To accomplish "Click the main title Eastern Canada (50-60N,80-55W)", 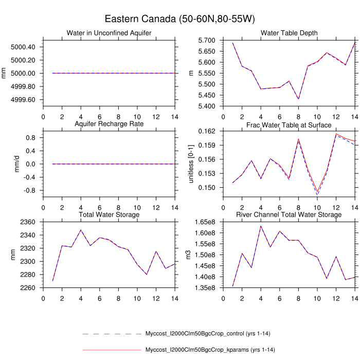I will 180,19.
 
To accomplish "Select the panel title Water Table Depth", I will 289,33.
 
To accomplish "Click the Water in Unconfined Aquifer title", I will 109,33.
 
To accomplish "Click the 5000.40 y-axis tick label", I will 23,47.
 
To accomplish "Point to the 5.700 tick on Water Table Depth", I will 203,40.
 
